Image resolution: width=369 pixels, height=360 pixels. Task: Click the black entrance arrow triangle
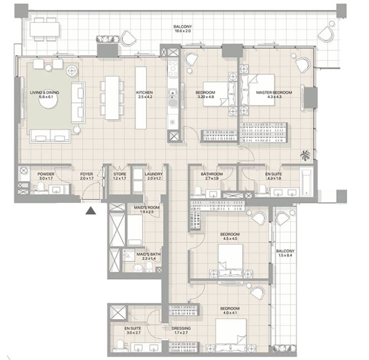click(91, 211)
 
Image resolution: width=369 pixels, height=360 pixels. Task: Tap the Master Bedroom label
click(274, 92)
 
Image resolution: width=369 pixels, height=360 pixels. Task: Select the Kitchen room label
click(144, 92)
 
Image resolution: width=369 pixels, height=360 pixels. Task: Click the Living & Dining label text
click(44, 92)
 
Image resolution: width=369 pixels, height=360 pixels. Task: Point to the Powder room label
click(46, 174)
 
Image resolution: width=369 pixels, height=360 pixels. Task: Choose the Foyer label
click(87, 174)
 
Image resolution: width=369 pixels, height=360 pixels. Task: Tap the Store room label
click(119, 174)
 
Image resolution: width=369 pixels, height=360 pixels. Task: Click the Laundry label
click(154, 174)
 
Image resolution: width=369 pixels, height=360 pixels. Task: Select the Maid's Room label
click(147, 208)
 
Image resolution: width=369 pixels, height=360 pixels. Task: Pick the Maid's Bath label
click(149, 254)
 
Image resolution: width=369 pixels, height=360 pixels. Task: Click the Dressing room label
click(181, 329)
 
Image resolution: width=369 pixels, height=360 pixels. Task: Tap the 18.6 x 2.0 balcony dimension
click(182, 31)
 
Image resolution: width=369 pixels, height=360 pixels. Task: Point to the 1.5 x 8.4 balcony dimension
click(285, 255)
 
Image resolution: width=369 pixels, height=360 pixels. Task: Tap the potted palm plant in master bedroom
click(306, 156)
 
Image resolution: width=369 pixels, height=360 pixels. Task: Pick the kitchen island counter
click(141, 98)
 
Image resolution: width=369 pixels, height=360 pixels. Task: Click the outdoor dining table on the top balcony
click(44, 30)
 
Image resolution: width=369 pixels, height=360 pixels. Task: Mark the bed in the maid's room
click(135, 230)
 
